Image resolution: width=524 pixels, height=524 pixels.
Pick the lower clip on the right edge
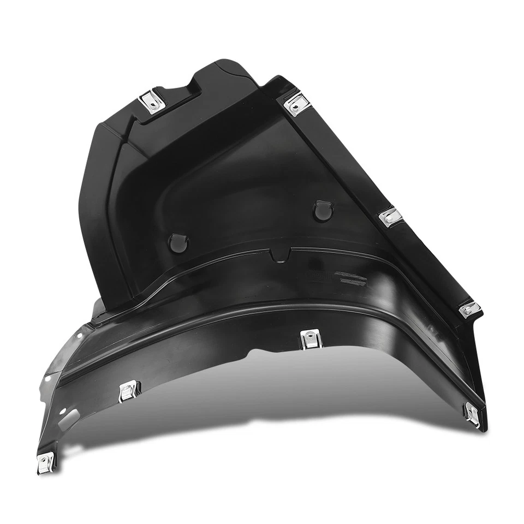469,310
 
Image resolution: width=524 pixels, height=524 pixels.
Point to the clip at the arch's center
310,340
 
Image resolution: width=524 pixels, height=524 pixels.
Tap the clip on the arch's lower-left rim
129,390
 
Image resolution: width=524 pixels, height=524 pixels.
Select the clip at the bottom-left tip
45,462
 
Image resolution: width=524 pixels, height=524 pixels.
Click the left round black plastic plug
178,243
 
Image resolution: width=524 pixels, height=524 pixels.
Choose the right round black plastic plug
323,211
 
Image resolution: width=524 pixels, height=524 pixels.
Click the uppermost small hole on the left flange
83,331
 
